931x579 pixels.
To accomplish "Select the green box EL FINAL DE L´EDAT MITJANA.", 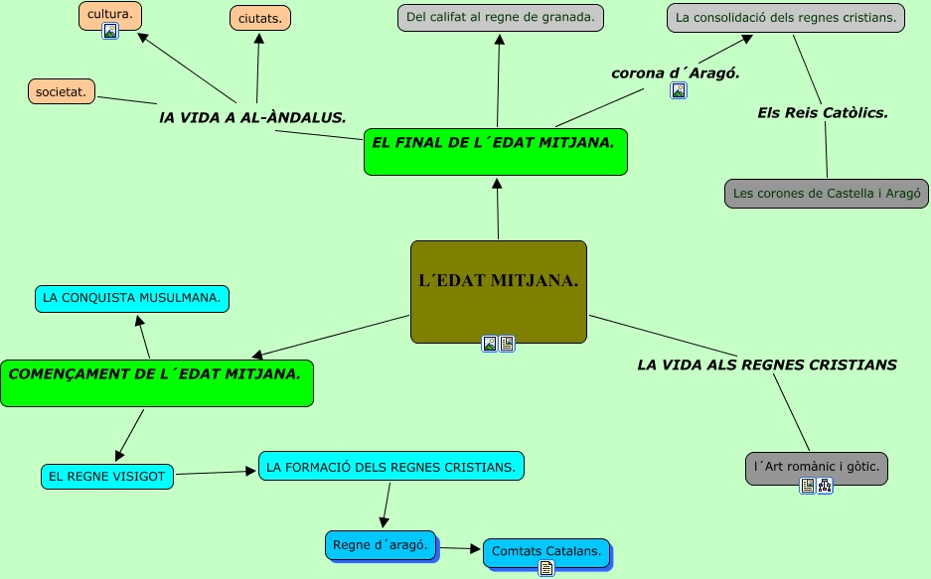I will tap(495, 151).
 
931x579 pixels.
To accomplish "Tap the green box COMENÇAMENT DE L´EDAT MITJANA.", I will tap(156, 382).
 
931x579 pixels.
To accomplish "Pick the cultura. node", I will tap(110, 15).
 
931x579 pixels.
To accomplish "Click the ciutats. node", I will tap(260, 19).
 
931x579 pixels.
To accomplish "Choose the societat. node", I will tap(62, 92).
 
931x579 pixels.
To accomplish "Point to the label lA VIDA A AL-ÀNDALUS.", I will tap(252, 117).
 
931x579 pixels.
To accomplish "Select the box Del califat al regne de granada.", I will tap(501, 17).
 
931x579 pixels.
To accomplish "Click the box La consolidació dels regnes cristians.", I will tap(785, 17).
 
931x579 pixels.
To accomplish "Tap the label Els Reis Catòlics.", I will tap(823, 113).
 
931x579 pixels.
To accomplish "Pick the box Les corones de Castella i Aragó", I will tap(827, 193).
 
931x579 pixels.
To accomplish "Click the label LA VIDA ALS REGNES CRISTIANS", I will tap(767, 364).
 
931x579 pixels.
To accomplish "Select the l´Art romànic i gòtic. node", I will tap(816, 466).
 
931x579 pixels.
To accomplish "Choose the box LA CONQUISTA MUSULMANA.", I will tap(132, 298).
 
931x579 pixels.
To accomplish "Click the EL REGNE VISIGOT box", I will tap(107, 477).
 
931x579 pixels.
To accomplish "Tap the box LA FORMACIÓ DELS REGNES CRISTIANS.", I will tap(390, 466).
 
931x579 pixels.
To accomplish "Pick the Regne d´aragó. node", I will tap(381, 545).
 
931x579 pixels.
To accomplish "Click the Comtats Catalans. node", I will tap(545, 551).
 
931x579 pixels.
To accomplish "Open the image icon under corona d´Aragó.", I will tap(679, 90).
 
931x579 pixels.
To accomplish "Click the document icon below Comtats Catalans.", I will tap(545, 568).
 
